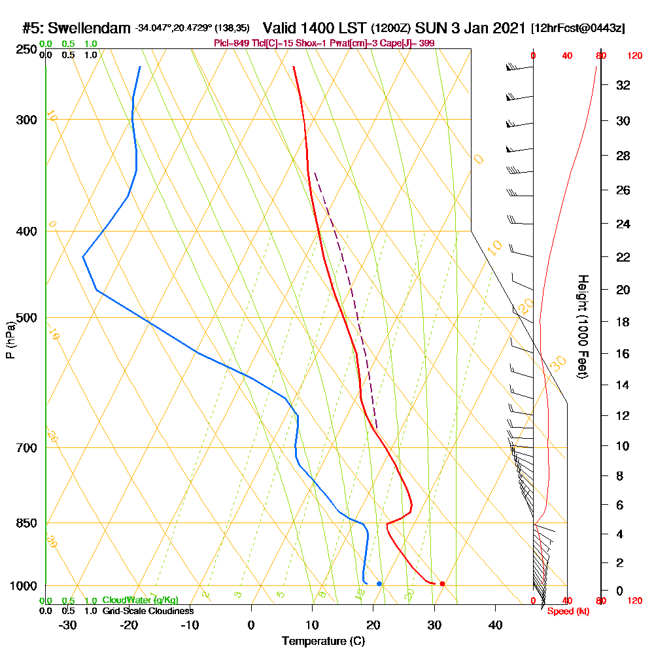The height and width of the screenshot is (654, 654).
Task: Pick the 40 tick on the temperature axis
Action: point(495,625)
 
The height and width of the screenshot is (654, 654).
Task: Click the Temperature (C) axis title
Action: point(323,642)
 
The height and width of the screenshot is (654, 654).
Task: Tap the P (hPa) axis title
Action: point(10,340)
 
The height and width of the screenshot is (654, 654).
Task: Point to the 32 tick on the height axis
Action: point(623,85)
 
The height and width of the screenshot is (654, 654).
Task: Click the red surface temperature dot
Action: point(443,583)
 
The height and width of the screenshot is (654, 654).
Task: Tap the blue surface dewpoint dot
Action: point(379,583)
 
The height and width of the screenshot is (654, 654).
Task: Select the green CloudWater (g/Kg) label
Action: point(140,600)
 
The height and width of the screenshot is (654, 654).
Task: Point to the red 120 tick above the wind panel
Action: point(634,56)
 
